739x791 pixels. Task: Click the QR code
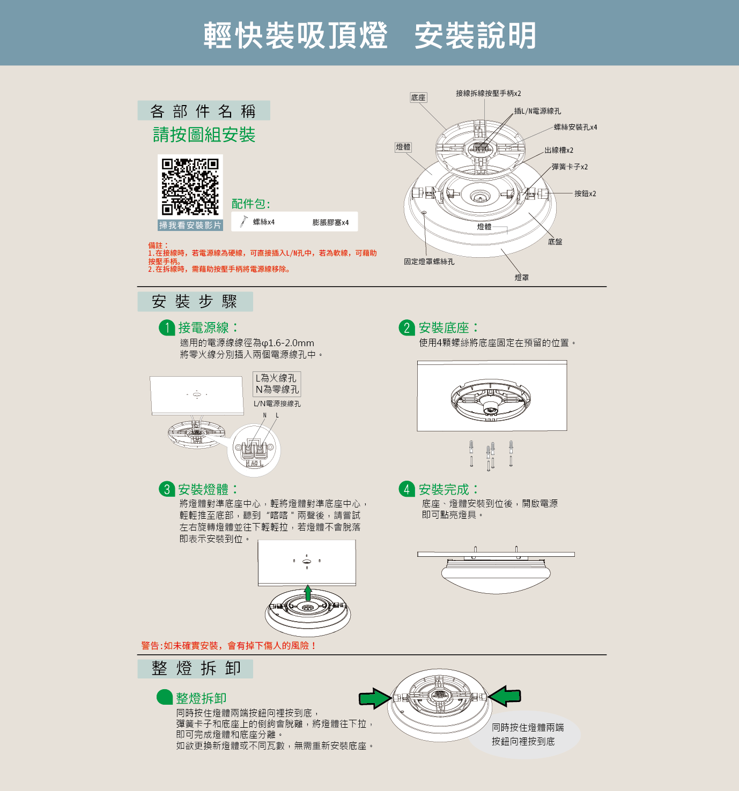[190, 187]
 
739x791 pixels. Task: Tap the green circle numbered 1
[167, 328]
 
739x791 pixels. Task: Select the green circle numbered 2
[407, 328]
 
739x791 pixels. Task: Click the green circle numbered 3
[167, 489]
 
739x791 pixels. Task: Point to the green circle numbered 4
[407, 489]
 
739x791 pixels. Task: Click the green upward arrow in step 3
[308, 593]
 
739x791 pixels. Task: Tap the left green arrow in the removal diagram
[375, 698]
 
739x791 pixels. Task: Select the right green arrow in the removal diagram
[504, 696]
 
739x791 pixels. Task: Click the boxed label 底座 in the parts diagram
[418, 98]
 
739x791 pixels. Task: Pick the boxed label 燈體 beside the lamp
[403, 147]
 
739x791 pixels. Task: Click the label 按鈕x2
[585, 193]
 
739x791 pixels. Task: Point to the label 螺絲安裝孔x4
[575, 127]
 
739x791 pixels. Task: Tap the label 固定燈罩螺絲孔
[429, 262]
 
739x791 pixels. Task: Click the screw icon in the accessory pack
[243, 221]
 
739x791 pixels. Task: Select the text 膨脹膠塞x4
[330, 222]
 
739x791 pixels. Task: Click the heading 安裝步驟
[195, 302]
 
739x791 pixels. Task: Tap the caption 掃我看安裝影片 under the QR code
[190, 226]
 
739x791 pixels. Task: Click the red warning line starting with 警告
[229, 646]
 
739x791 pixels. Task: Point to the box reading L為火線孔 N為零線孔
[277, 384]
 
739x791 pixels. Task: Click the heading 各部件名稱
[203, 111]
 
